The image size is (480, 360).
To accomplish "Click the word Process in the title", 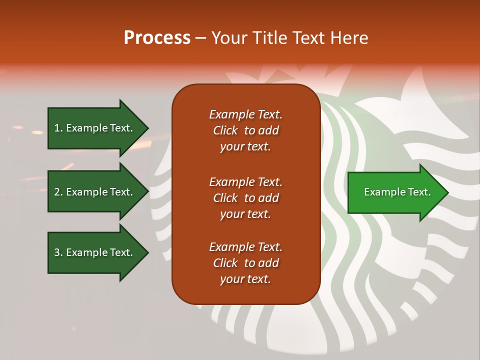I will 157,38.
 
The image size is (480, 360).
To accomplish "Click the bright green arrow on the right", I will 395,192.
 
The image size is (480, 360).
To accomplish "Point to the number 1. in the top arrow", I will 58,128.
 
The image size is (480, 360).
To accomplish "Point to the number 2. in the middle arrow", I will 58,192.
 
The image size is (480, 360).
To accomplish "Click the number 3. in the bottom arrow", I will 58,252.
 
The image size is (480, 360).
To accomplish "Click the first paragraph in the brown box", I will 245,130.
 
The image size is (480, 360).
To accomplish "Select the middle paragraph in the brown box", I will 245,198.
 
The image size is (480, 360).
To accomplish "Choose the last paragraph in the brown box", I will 245,263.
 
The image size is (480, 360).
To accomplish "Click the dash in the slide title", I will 201,38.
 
